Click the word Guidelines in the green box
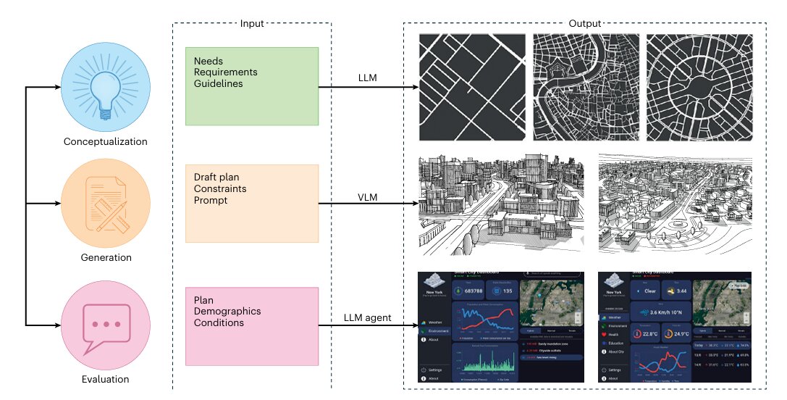tap(218, 84)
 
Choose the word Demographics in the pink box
tap(227, 312)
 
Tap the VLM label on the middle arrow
tap(368, 196)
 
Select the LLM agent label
tap(367, 317)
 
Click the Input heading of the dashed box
tap(251, 23)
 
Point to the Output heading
tap(585, 23)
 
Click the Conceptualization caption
tap(106, 141)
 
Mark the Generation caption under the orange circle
tap(106, 257)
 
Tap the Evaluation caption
tap(106, 379)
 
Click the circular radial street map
tap(699, 87)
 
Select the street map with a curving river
tap(586, 87)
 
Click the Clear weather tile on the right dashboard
tap(646, 291)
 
